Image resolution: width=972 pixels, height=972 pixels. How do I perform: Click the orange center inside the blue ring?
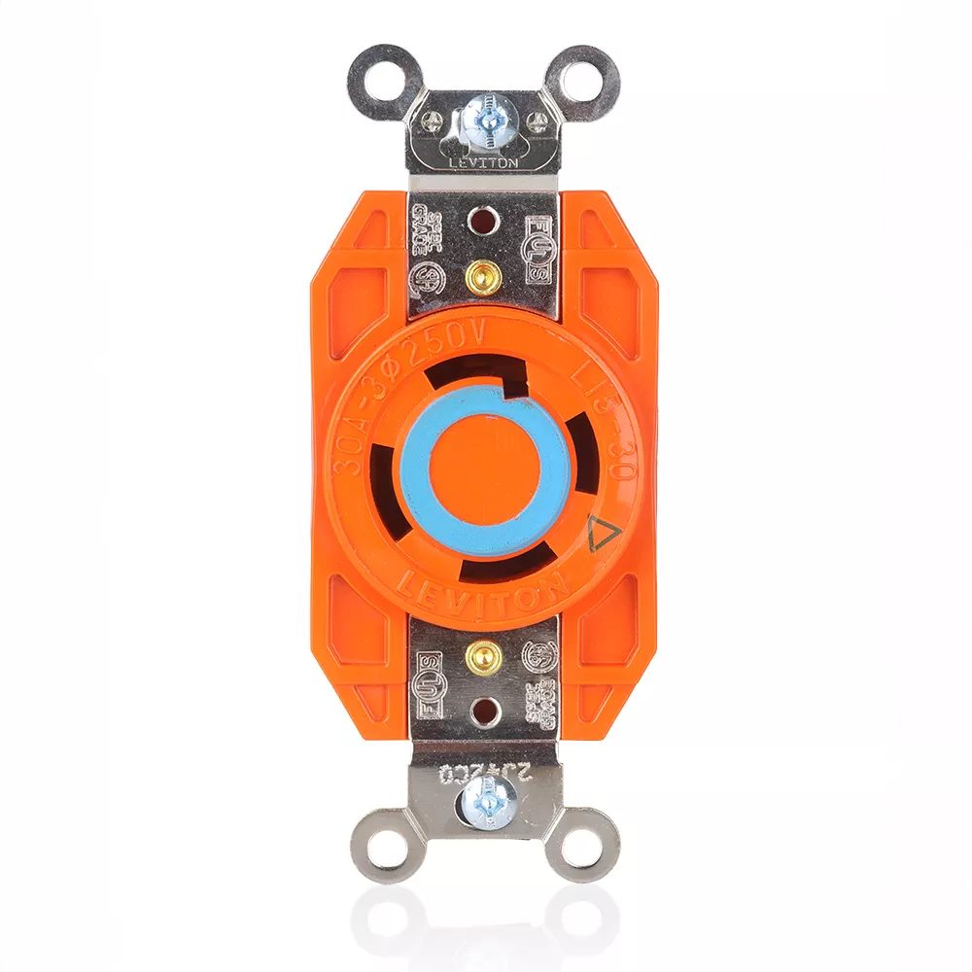483,469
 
